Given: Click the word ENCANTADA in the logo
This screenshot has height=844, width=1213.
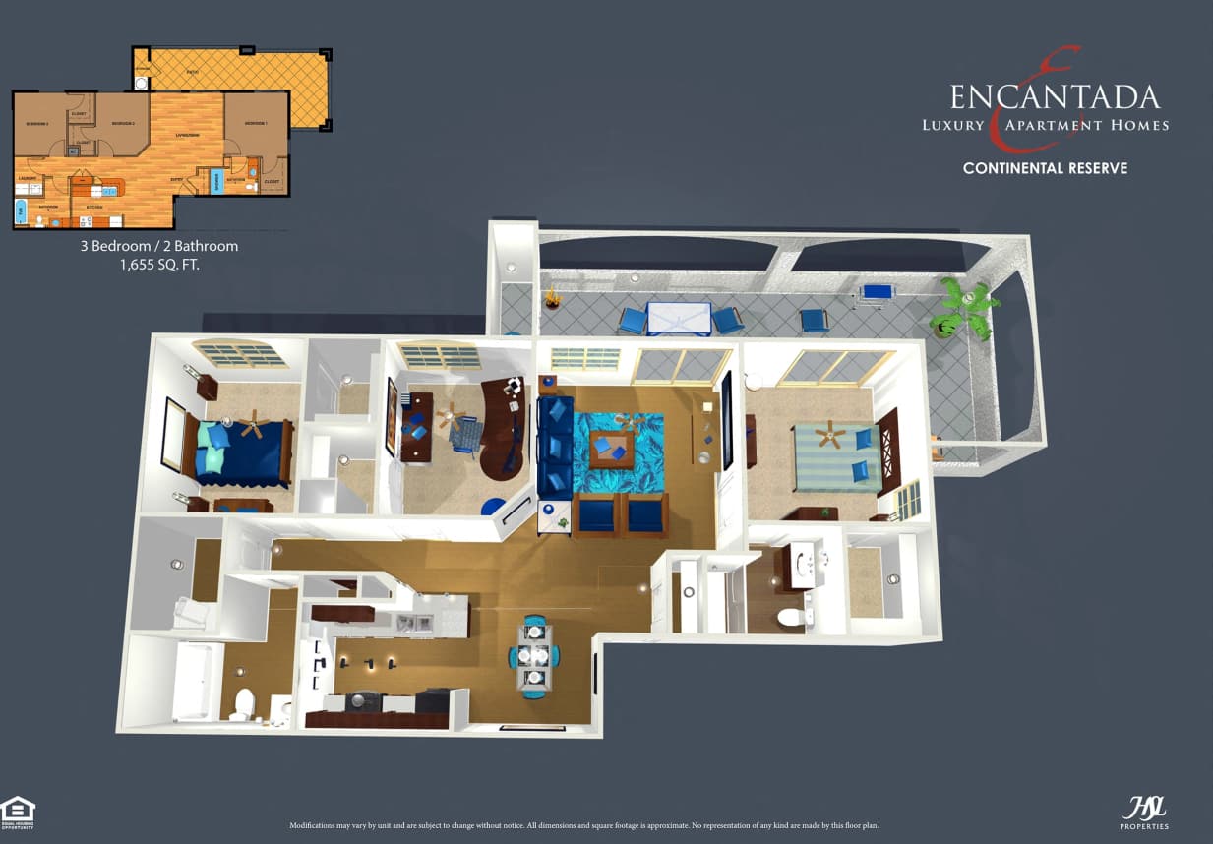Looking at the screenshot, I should tap(1054, 97).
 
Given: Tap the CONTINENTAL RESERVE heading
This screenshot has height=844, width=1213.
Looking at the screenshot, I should tap(1045, 168).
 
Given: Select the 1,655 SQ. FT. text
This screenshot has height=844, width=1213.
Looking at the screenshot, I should tap(159, 265).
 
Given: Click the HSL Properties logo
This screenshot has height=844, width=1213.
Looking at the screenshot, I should tap(1144, 812).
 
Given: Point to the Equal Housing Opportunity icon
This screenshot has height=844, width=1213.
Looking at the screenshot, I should tap(18, 813).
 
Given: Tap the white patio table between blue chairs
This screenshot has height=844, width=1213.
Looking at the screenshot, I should tap(679, 318).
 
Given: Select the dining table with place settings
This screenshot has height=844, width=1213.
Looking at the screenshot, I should tap(534, 654).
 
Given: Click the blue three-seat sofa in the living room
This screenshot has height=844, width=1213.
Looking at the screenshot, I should tap(554, 445).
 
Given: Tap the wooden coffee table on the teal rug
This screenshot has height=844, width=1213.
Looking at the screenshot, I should tap(611, 449).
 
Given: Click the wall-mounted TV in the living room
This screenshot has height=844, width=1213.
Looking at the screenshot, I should tap(726, 421).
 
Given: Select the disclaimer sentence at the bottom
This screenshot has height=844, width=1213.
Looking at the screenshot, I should tap(583, 824).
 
